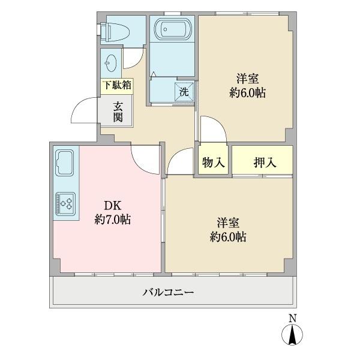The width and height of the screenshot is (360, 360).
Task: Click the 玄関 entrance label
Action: coord(117,111)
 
